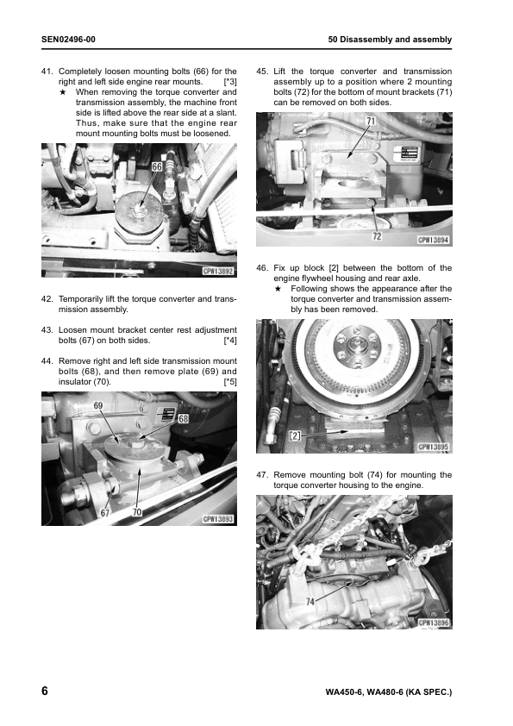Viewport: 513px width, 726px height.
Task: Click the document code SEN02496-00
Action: pos(68,40)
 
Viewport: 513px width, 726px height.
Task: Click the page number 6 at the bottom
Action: pos(45,691)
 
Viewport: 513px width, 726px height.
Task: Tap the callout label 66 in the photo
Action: pos(157,166)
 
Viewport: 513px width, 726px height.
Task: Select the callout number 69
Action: pos(98,405)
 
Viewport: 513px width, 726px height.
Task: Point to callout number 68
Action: pos(184,418)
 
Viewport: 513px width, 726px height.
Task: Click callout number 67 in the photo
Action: pos(105,512)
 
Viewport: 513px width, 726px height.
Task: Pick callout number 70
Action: pos(137,512)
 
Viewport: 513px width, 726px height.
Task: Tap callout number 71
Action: pos(371,122)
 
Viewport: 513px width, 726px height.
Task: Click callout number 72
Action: pos(378,236)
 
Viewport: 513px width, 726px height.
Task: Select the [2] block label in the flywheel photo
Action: pos(295,435)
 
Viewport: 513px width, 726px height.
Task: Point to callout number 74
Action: pos(310,602)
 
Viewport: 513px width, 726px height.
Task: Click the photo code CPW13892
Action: pos(218,271)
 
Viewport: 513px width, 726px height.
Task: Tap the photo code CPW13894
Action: pos(434,240)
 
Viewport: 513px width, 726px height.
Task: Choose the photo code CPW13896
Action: pos(434,623)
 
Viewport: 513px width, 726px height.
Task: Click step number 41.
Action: pos(47,72)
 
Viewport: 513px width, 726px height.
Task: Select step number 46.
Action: pos(262,267)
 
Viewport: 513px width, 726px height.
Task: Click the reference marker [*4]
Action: pos(230,341)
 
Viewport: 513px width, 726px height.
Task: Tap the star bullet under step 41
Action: pos(63,91)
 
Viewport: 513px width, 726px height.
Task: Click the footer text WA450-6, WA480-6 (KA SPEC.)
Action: pos(389,692)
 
